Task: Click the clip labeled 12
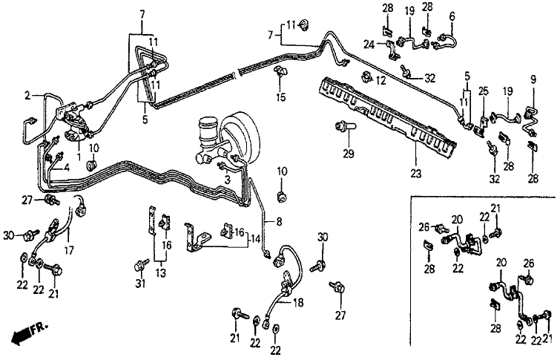coord(366,77)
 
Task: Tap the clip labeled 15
coord(280,72)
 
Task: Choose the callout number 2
coord(27,96)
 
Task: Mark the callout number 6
coord(450,16)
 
